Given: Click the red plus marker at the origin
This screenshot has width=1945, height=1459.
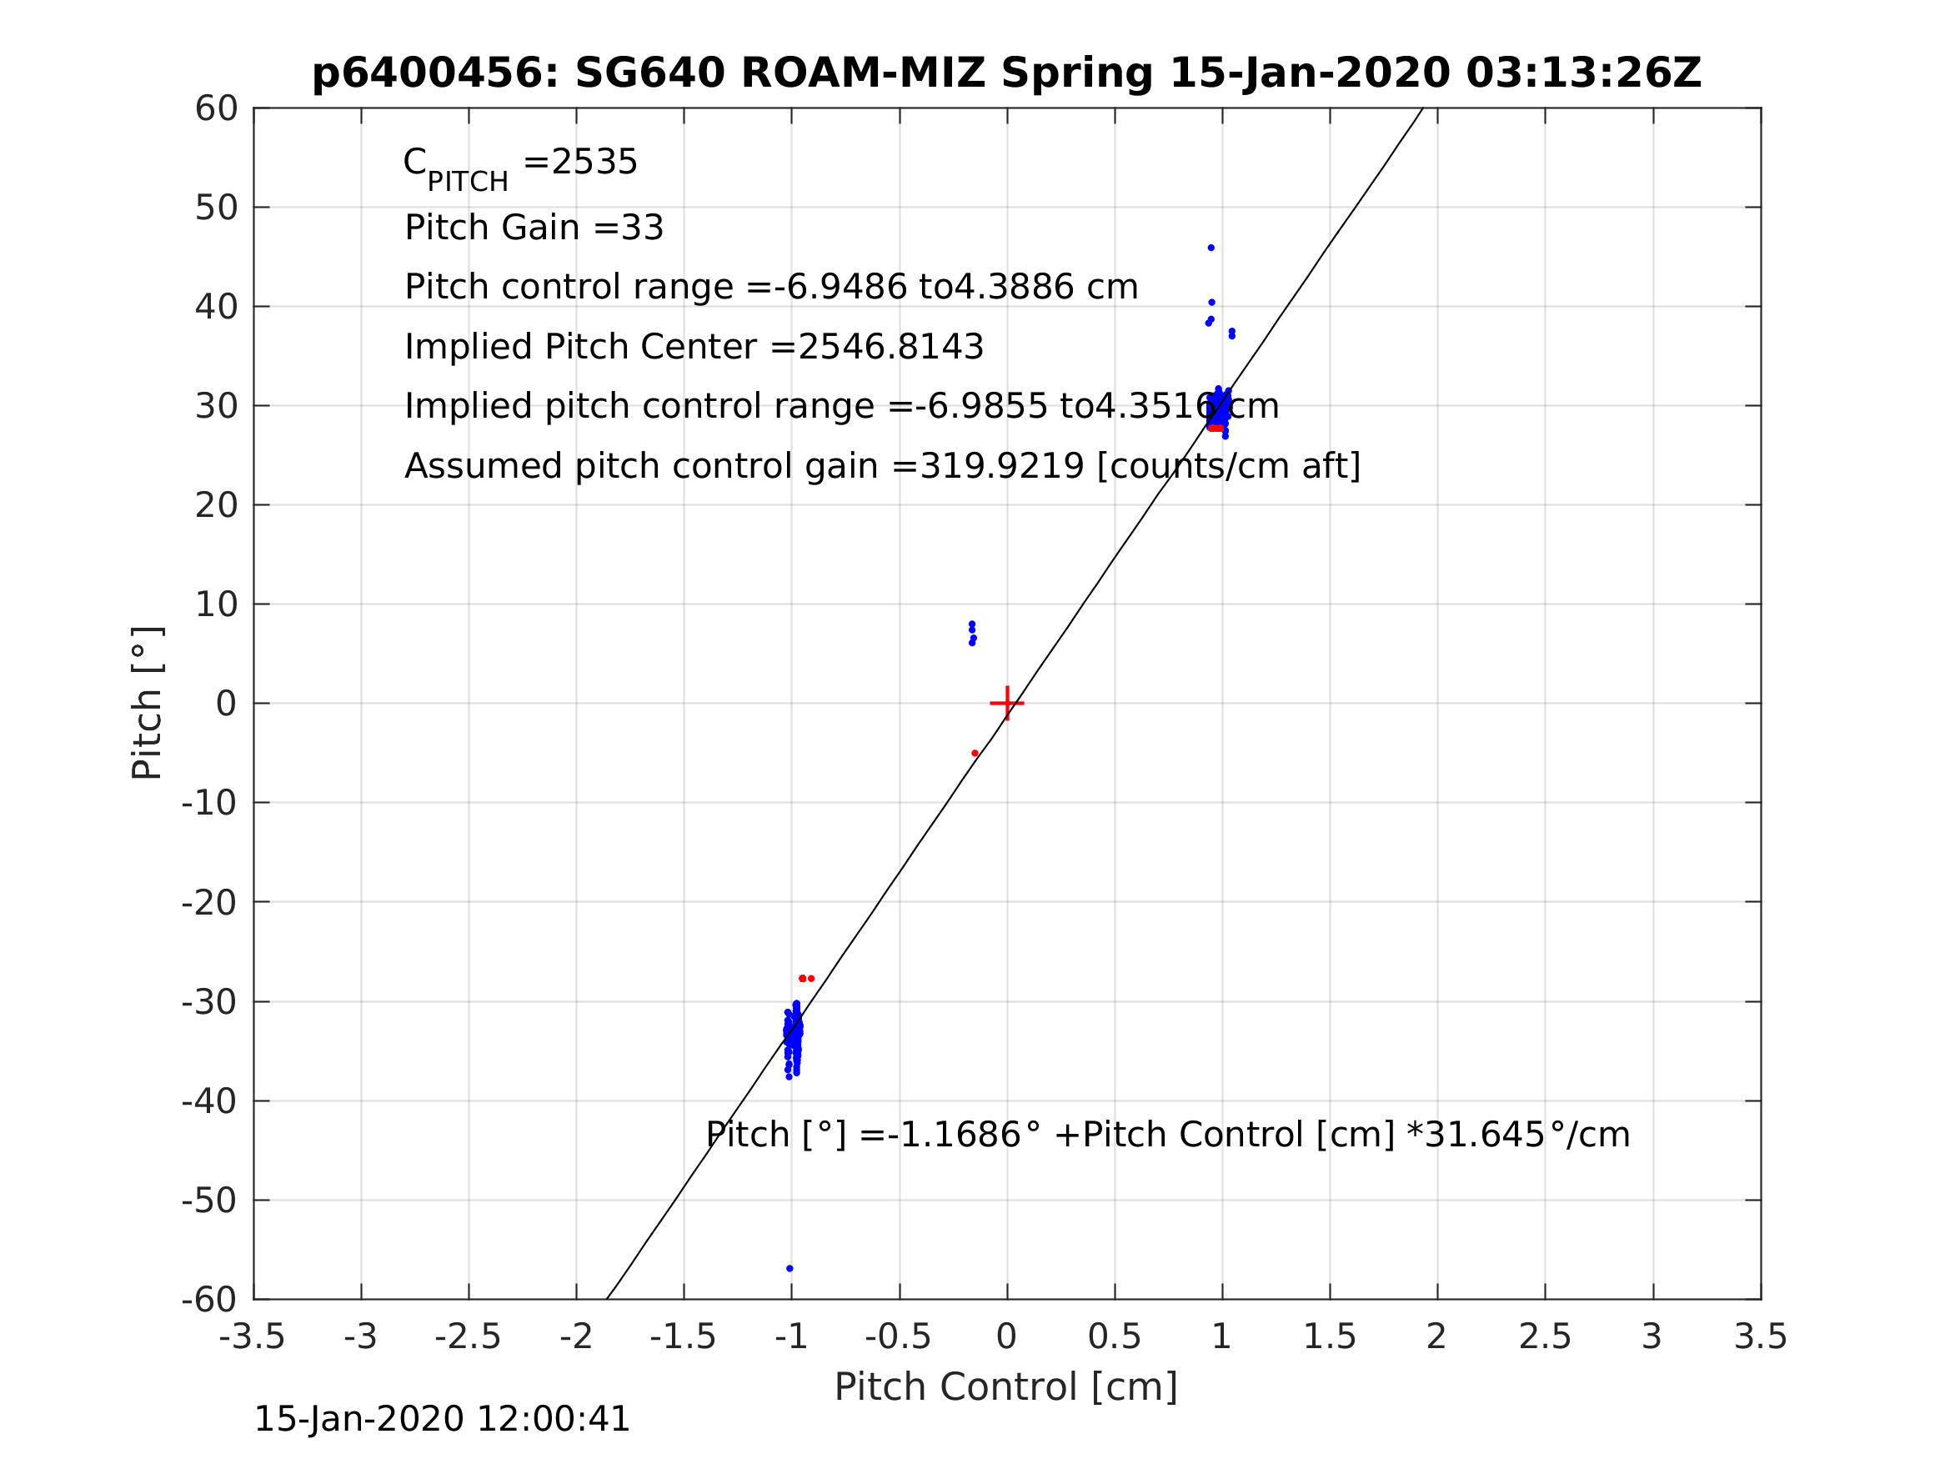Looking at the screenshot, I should [x=1007, y=704].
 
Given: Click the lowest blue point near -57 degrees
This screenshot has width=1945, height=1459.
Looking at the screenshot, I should [x=790, y=1268].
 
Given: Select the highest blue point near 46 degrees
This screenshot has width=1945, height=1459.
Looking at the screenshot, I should [x=1211, y=248].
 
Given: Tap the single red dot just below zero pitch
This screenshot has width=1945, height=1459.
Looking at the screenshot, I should [x=975, y=753].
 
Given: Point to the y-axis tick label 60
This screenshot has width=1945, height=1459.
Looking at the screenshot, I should [x=216, y=109].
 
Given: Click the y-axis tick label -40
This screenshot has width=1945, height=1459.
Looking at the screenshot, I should [x=209, y=1101].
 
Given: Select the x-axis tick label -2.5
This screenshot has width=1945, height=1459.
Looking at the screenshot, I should [x=468, y=1337].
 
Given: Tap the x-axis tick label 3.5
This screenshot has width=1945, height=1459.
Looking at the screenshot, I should [x=1761, y=1337].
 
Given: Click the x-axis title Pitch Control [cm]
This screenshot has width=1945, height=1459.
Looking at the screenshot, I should [x=1006, y=1387].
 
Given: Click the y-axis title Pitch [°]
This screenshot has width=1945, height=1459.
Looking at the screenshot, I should [x=147, y=703].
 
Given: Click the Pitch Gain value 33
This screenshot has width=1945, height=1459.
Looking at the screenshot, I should [x=642, y=228].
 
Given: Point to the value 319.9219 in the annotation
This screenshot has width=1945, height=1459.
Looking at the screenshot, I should [x=1001, y=466].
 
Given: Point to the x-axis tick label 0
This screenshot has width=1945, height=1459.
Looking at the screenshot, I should [x=1007, y=1337].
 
